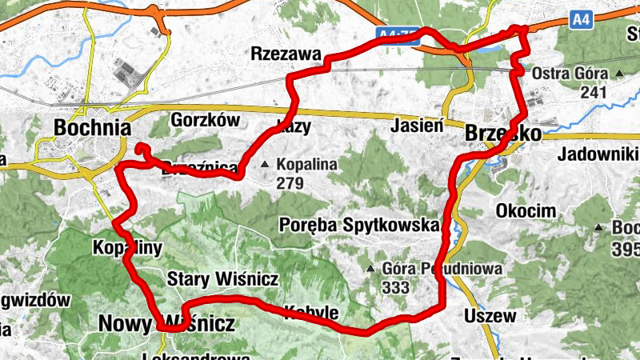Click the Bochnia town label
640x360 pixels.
point(92,127)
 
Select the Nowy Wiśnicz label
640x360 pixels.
point(166,323)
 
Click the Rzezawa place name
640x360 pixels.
point(286,54)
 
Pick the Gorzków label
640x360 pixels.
point(206,120)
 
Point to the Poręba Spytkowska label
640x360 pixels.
point(361,225)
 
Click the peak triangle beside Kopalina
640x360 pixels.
point(266,166)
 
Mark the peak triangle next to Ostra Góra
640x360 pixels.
point(619,74)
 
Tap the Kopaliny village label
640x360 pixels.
point(127,247)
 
